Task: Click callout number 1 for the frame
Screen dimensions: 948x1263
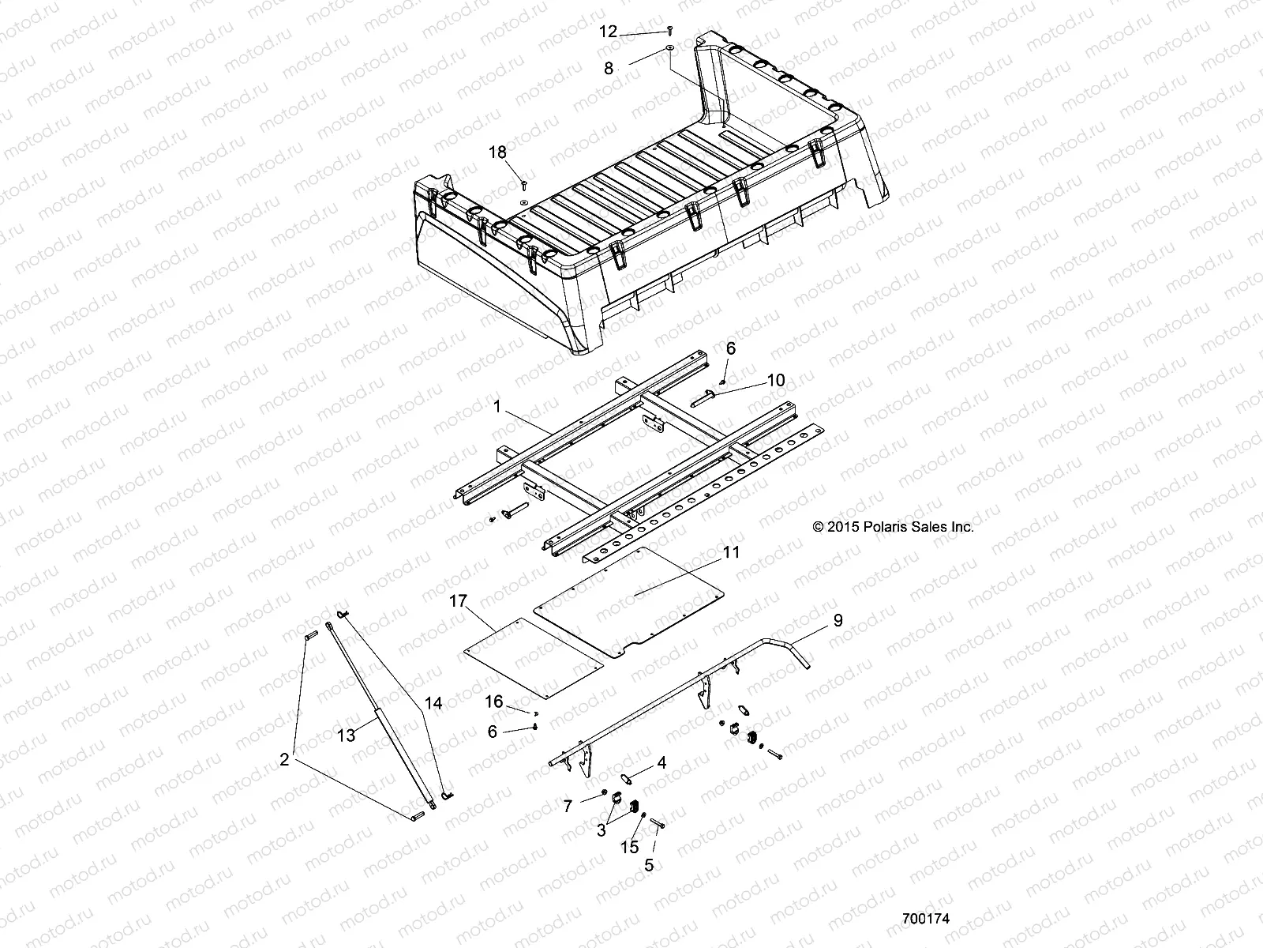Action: coord(497,408)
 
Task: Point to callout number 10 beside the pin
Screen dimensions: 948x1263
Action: coord(776,381)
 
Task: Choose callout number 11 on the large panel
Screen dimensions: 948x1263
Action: coord(732,551)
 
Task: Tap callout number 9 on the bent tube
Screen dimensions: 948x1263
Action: coord(838,621)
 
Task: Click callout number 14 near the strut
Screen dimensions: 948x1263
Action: coord(433,703)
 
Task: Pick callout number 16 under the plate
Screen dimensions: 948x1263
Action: coord(493,702)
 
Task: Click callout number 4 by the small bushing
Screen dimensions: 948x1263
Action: coord(661,763)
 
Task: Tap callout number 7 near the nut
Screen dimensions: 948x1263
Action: coord(568,806)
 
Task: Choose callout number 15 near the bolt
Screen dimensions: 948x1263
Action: coord(630,848)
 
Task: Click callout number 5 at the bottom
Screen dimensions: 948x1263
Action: coord(649,866)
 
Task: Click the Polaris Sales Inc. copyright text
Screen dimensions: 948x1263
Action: coord(893,527)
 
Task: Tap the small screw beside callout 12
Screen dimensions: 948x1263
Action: coord(669,29)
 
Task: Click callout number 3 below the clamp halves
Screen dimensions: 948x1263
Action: coord(601,830)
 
